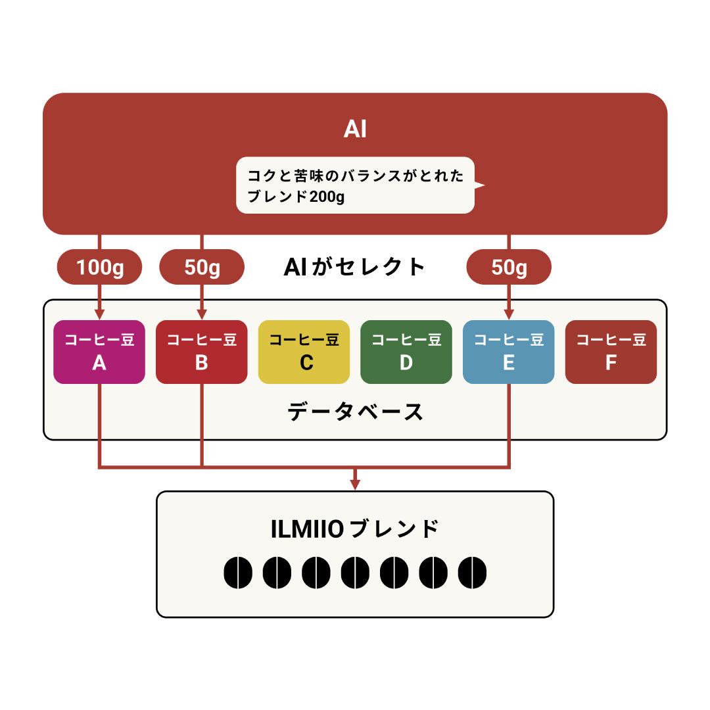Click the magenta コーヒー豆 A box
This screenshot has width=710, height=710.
tap(99, 352)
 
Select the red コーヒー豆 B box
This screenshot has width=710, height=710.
tap(201, 352)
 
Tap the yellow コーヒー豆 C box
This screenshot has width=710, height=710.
tap(304, 352)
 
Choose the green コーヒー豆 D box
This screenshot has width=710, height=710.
tap(406, 352)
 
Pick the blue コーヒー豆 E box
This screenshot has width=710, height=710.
tap(508, 352)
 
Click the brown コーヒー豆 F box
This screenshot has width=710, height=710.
tap(611, 352)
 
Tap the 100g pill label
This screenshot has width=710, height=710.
tap(100, 267)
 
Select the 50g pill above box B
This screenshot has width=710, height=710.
tap(202, 267)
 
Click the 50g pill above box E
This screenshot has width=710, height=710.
tap(509, 267)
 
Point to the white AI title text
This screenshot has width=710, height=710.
tap(355, 130)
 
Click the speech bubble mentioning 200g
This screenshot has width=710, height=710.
tap(355, 185)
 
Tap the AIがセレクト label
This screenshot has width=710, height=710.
tap(355, 267)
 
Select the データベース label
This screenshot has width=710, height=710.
tap(355, 412)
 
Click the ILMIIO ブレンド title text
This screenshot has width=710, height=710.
tap(355, 529)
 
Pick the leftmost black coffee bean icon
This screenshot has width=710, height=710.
tap(238, 573)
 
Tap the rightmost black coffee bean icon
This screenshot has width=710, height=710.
tap(472, 573)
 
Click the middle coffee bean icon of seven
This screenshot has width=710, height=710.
tap(355, 573)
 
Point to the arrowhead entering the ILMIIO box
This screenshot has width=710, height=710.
tap(355, 485)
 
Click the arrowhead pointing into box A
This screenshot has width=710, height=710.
tap(99, 315)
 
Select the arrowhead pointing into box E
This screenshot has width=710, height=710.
tap(509, 315)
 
